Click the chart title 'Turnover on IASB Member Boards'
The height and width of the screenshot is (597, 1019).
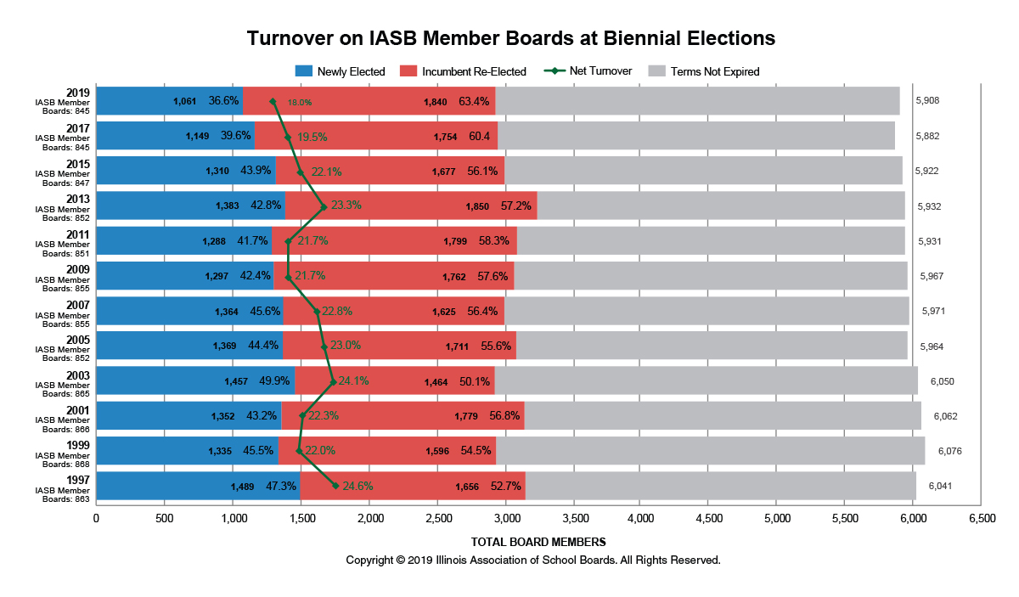click(x=510, y=38)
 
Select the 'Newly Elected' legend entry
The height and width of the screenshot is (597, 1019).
click(x=351, y=71)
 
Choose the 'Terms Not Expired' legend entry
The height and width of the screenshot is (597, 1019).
click(x=714, y=71)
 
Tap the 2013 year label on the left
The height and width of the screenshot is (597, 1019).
click(x=79, y=199)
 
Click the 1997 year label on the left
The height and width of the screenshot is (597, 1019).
click(x=79, y=479)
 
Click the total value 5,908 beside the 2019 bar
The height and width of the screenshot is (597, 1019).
click(x=927, y=100)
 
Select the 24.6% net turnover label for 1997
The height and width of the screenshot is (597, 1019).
click(x=357, y=487)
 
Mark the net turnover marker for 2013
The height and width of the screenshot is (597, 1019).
click(x=324, y=206)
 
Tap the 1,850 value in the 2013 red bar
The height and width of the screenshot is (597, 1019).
click(x=477, y=206)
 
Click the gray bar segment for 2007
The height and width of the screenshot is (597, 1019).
click(x=706, y=311)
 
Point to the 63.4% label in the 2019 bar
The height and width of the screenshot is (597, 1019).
click(x=473, y=101)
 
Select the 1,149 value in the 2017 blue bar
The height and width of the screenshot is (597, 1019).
click(x=197, y=136)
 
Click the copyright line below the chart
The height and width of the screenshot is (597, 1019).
click(x=532, y=560)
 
